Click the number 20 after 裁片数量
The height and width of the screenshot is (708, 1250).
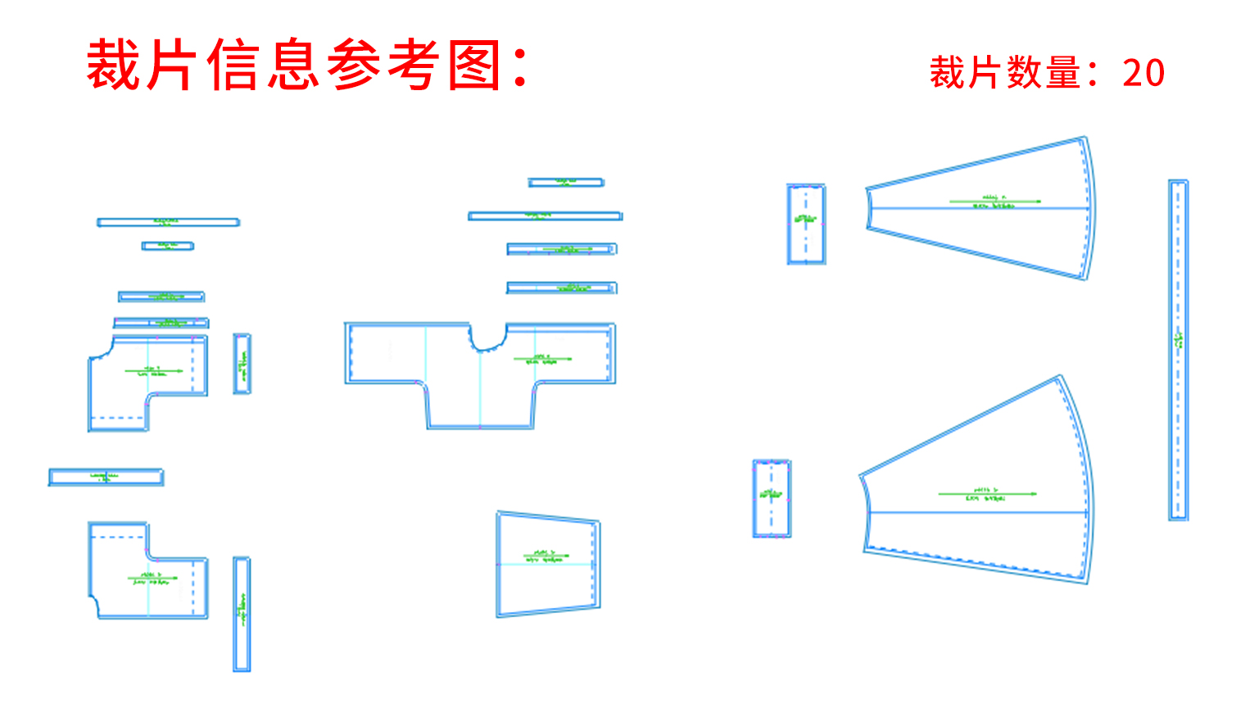coord(1144,73)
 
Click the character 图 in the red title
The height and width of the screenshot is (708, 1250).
coord(474,66)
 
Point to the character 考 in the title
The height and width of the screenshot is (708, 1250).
coord(414,66)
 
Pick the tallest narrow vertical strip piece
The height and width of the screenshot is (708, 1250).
coord(1178,350)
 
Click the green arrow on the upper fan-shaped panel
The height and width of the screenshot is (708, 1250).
coord(995,201)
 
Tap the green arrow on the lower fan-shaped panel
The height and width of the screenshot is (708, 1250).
coord(987,494)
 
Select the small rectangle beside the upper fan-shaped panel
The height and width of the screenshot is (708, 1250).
coord(806,225)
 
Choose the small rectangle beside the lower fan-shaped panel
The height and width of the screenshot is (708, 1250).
coord(772,499)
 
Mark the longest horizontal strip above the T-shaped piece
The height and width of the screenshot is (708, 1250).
coord(545,216)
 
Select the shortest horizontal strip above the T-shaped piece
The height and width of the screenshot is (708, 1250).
coord(566,183)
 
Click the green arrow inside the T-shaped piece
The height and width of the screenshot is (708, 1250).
coord(542,359)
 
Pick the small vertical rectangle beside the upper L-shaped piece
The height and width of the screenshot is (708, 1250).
coord(242,364)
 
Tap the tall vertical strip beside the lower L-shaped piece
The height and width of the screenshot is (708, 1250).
coord(242,614)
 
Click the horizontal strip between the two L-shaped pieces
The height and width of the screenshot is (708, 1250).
coord(106,477)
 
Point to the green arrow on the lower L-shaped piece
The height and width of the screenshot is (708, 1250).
coord(152,579)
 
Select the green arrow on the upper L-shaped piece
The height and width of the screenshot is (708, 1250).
coord(154,371)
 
